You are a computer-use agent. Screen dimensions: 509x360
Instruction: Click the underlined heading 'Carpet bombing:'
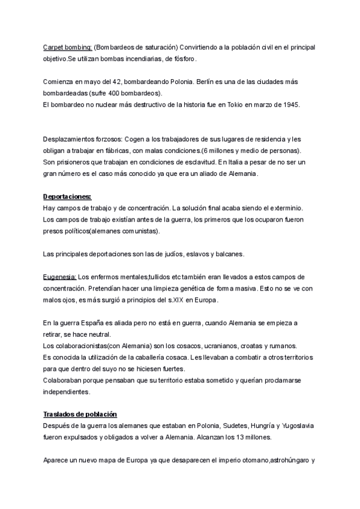click(x=67, y=47)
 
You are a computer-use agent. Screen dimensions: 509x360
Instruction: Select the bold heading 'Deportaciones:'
click(x=67, y=196)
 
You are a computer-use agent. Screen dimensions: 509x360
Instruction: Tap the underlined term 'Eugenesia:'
click(x=59, y=277)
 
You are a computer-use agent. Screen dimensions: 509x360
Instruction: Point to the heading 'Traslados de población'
click(x=80, y=414)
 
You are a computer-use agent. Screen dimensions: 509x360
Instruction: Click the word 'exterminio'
click(x=281, y=208)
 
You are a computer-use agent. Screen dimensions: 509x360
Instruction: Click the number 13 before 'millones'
click(x=230, y=438)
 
